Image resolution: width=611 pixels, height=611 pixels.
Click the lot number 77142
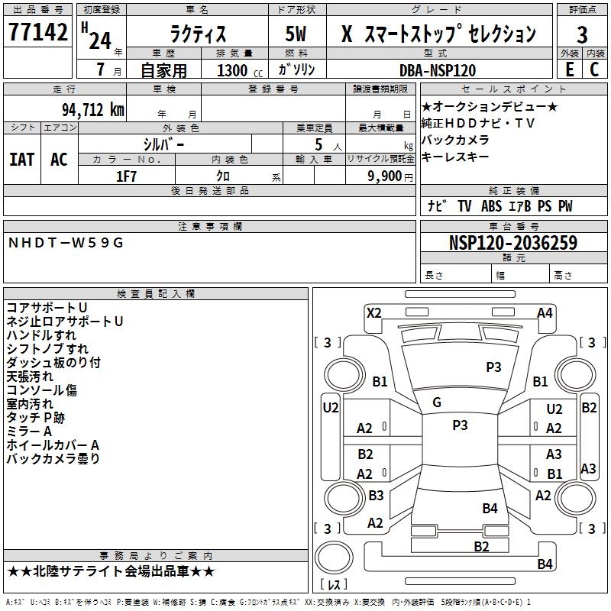pyautogui.click(x=37, y=31)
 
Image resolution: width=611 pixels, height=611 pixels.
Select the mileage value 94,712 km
pyautogui.click(x=93, y=109)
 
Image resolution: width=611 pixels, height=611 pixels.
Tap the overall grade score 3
pyautogui.click(x=582, y=34)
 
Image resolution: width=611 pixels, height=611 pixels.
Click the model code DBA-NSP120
pyautogui.click(x=438, y=70)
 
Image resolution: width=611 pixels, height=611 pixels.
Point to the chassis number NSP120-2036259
pyautogui.click(x=513, y=242)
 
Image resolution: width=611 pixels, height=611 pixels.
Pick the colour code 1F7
pyautogui.click(x=126, y=176)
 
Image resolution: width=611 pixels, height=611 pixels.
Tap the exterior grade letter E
pyautogui.click(x=570, y=70)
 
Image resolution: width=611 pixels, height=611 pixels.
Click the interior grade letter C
pyautogui.click(x=594, y=70)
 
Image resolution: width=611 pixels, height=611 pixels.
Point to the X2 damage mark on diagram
pyautogui.click(x=373, y=313)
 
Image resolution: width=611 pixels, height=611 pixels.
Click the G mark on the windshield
pyautogui.click(x=437, y=402)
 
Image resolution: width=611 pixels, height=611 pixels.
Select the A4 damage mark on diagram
pyautogui.click(x=545, y=313)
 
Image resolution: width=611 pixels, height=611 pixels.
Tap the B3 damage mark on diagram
pyautogui.click(x=376, y=495)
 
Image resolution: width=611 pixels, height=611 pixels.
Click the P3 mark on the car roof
pyautogui.click(x=460, y=425)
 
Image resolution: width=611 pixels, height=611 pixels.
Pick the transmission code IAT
pyautogui.click(x=22, y=160)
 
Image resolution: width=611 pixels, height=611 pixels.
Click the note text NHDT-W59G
pyautogui.click(x=66, y=243)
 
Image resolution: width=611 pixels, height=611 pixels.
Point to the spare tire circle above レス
pyautogui.click(x=334, y=558)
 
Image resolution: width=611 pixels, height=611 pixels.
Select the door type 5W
pyautogui.click(x=296, y=34)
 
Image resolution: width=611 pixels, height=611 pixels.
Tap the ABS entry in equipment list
pyautogui.click(x=491, y=206)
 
